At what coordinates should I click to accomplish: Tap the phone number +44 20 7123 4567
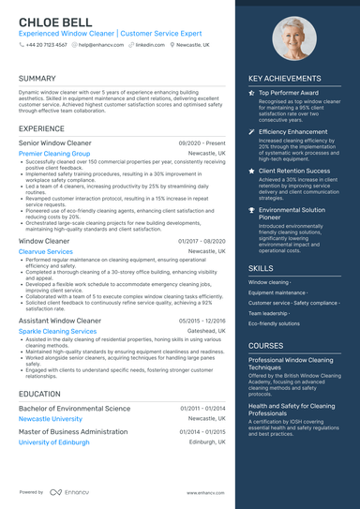47,44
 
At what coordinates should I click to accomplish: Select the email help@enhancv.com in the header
97,44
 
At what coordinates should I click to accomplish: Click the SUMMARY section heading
37,78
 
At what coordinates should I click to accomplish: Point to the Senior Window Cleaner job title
55,142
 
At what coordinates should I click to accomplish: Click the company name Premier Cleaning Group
54,153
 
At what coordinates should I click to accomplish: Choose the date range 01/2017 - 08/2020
202,241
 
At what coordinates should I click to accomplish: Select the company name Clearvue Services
45,251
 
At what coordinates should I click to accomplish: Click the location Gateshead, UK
206,331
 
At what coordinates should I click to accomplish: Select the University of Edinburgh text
53,442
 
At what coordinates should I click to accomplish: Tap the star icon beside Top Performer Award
251,94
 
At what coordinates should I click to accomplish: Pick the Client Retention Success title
294,172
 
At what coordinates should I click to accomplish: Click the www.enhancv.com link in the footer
205,491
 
